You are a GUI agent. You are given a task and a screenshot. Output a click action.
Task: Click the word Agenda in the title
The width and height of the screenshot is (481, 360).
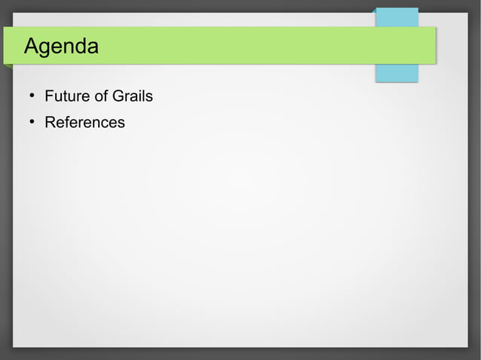coord(61,47)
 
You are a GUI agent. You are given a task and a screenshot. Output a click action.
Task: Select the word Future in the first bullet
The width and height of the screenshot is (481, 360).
coord(64,96)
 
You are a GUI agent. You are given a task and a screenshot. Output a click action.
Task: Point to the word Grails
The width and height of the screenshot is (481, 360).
coord(132,96)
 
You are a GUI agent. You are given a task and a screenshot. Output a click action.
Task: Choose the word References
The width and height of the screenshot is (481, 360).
coord(84,122)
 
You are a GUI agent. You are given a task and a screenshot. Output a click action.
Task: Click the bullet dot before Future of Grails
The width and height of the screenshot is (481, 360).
coord(32,96)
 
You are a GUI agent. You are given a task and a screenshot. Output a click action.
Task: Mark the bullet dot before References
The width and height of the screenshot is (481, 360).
coord(32,122)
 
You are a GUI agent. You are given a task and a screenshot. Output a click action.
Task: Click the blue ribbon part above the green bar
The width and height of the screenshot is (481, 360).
coord(397,17)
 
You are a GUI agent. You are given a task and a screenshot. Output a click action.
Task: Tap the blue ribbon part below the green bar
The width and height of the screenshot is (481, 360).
coord(397,73)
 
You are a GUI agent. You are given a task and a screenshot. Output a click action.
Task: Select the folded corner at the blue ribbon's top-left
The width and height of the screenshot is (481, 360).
coord(375,11)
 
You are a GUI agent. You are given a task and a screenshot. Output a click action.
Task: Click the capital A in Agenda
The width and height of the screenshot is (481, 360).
coord(32,47)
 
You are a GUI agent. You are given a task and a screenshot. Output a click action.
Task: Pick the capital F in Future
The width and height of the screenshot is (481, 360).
coord(49,96)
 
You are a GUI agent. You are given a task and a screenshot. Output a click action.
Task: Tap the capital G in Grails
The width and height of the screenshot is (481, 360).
coord(118,96)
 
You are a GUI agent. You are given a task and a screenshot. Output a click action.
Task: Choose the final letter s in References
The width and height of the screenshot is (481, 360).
coord(121,123)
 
